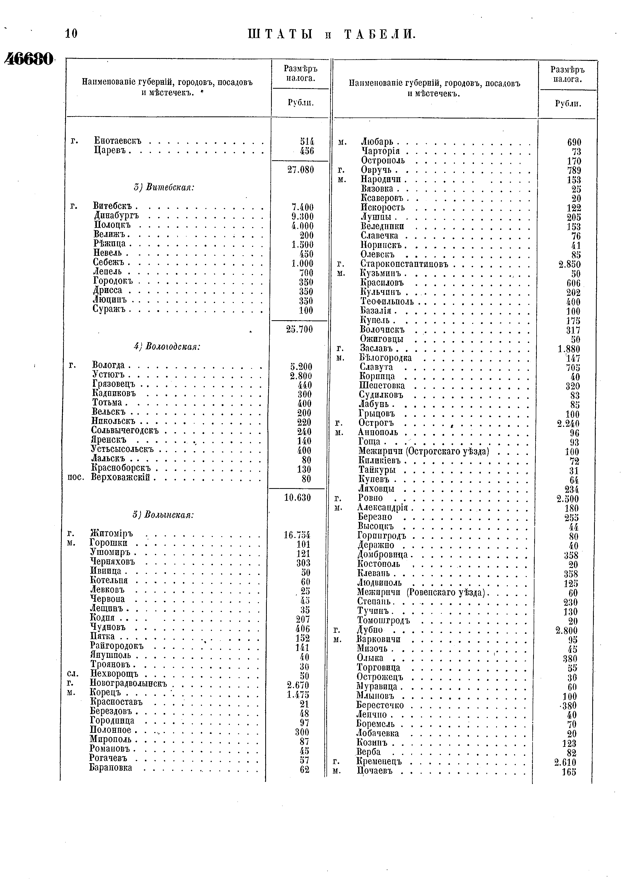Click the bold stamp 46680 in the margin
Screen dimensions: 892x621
[x=28, y=59]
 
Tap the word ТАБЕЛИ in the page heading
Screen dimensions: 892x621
[x=380, y=35]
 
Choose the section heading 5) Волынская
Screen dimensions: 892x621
[x=163, y=515]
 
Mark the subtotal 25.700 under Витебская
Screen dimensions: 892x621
[x=299, y=329]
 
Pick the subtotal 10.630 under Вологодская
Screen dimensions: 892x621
[x=297, y=498]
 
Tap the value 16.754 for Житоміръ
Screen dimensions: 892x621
[x=297, y=535]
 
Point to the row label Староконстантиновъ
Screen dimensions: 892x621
[x=404, y=265]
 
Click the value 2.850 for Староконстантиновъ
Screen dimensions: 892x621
[x=569, y=265]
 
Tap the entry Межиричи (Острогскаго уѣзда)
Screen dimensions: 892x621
[x=423, y=451]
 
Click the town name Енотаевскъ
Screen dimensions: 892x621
[x=118, y=141]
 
